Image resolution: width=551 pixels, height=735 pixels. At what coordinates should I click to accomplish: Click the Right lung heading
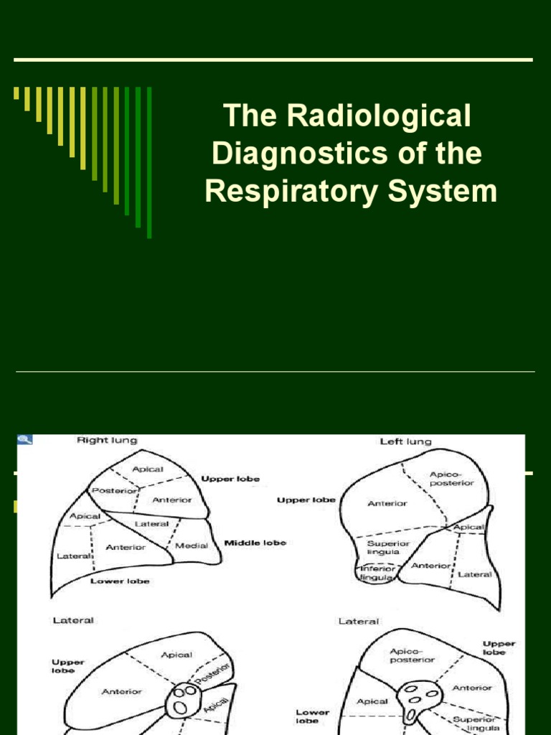pos(107,440)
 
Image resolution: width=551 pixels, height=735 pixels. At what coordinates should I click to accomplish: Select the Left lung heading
pos(406,441)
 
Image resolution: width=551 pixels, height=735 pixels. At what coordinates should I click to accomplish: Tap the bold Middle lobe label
pos(255,543)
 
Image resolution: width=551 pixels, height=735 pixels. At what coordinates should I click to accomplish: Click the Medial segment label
pos(192,546)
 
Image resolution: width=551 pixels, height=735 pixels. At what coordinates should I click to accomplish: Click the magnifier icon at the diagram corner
pos(24,440)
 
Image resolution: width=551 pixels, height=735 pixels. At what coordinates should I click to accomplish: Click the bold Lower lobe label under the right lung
pos(120,581)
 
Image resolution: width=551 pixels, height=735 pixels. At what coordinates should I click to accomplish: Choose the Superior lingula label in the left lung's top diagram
pos(388,548)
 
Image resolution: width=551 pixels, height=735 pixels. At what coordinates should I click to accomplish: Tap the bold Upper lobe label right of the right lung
pos(230,479)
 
